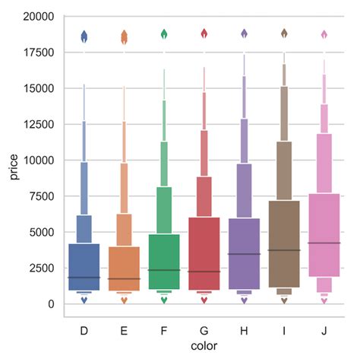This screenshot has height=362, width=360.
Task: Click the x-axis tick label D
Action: pos(84,331)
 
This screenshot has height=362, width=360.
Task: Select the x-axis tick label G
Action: pos(204,331)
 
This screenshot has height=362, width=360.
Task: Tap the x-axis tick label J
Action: pos(324,331)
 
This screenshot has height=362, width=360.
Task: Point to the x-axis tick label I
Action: pos(285,331)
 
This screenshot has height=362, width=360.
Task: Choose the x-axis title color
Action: pos(204,347)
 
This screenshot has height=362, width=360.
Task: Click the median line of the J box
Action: pos(324,243)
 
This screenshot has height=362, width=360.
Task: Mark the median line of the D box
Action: pos(84,278)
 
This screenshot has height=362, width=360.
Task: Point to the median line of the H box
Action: pos(245,254)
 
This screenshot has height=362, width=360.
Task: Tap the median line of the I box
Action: pos(285,250)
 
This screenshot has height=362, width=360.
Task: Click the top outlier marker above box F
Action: pos(164,34)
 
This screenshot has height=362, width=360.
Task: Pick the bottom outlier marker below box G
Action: pos(204,300)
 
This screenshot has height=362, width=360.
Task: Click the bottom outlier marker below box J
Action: pos(324,301)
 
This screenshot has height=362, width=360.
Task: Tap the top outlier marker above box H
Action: pos(245,34)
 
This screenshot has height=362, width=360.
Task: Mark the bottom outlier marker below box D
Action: pos(84,300)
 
